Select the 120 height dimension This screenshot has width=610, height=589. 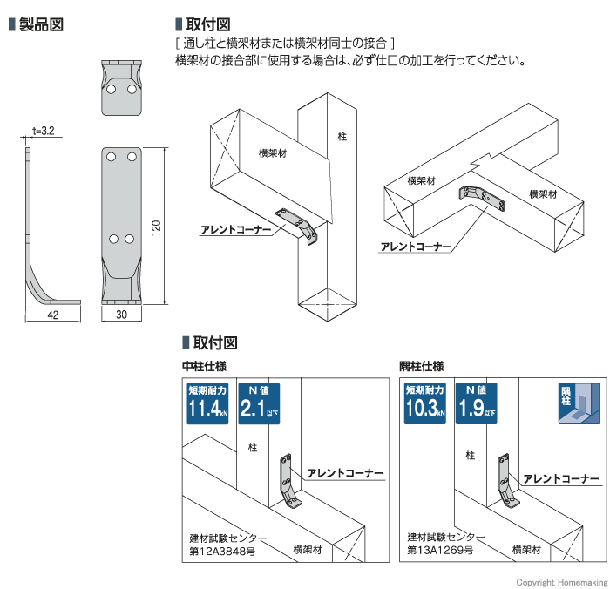156,227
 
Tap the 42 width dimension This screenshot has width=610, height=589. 52,315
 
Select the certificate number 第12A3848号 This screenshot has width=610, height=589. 222,551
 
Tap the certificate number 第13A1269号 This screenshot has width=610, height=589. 440,551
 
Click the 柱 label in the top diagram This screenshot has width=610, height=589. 342,137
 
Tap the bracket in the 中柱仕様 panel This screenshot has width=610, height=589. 288,483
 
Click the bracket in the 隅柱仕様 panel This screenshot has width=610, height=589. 506,483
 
